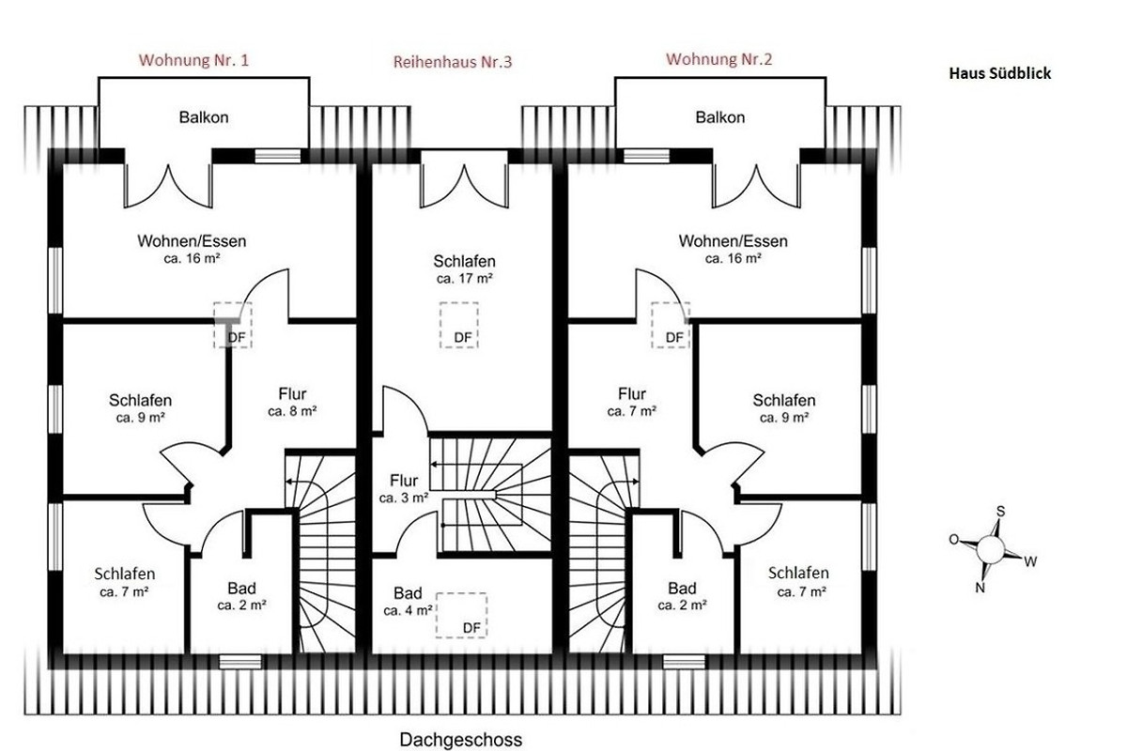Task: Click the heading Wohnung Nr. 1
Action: click(193, 60)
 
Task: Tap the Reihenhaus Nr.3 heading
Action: click(453, 62)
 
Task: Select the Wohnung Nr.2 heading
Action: click(718, 59)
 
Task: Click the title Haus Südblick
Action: click(999, 73)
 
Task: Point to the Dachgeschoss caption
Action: click(460, 740)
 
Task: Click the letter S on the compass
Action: click(1000, 512)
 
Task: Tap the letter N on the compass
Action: click(980, 588)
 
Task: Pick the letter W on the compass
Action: click(1030, 562)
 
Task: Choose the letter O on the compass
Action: click(953, 540)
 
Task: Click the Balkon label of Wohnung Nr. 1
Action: click(204, 117)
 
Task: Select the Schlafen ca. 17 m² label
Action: click(464, 269)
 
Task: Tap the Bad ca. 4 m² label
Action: click(408, 601)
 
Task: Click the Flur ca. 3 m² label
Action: click(404, 488)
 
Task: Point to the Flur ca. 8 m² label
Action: click(292, 402)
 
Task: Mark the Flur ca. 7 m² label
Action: click(631, 402)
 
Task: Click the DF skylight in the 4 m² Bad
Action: click(461, 615)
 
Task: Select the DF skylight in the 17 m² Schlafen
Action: click(459, 325)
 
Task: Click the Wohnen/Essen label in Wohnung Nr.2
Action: click(733, 241)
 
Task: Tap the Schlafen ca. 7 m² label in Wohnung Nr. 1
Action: click(124, 582)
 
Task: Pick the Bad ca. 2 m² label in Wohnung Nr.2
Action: click(682, 596)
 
